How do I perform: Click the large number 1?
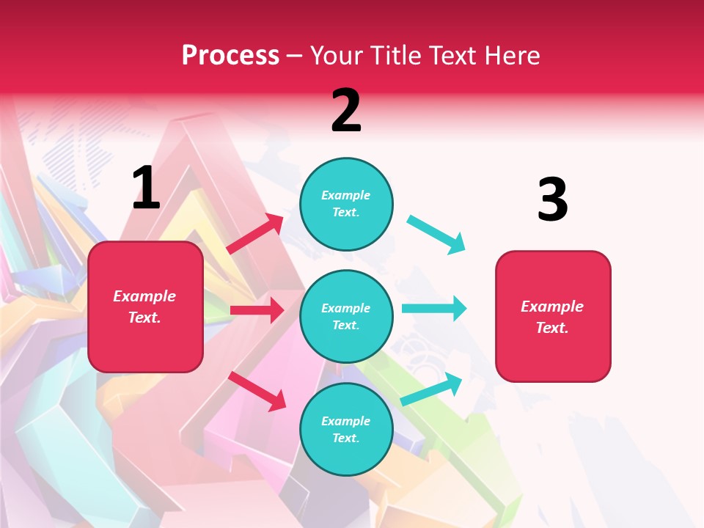pyautogui.click(x=146, y=188)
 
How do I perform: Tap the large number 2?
pyautogui.click(x=346, y=111)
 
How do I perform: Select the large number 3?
pyautogui.click(x=552, y=199)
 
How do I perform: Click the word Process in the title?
pyautogui.click(x=230, y=55)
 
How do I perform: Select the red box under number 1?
pyautogui.click(x=145, y=307)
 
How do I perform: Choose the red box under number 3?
pyautogui.click(x=553, y=317)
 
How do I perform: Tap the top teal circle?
pyautogui.click(x=346, y=204)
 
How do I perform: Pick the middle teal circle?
pyautogui.click(x=346, y=317)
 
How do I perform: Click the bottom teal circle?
pyautogui.click(x=346, y=430)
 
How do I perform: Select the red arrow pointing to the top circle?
pyautogui.click(x=256, y=233)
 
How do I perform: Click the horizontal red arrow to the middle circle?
pyautogui.click(x=257, y=310)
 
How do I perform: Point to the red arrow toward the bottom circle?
pyautogui.click(x=257, y=391)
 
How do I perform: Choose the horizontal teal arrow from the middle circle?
pyautogui.click(x=433, y=308)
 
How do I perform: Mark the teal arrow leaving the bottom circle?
pyautogui.click(x=432, y=389)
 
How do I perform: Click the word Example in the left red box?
pyautogui.click(x=144, y=296)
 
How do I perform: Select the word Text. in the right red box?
pyautogui.click(x=552, y=328)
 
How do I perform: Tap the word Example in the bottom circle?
pyautogui.click(x=346, y=421)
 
